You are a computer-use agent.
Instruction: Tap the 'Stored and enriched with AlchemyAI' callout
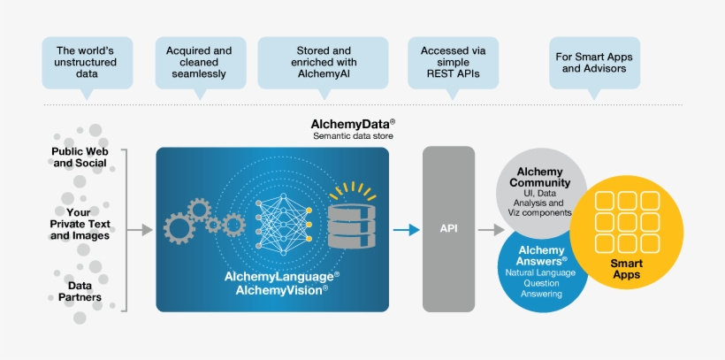pos(324,62)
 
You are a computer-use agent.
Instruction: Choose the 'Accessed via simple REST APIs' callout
pos(453,62)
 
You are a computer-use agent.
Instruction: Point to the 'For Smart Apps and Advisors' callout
pos(593,62)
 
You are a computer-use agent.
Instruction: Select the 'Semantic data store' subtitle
pos(353,136)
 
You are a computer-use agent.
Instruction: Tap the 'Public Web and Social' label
pos(80,157)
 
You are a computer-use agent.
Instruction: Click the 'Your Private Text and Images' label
pos(80,224)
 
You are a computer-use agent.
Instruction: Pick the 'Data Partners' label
pos(80,291)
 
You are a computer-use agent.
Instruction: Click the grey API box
pos(448,229)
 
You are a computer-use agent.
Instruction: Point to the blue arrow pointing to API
pos(407,230)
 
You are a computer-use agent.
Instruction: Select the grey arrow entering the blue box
pos(140,230)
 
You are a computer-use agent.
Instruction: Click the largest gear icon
pos(181,228)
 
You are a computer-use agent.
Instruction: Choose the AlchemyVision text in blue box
pos(276,289)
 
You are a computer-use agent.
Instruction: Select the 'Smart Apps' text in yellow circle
pos(626,269)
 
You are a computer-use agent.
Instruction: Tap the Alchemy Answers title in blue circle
pos(541,256)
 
